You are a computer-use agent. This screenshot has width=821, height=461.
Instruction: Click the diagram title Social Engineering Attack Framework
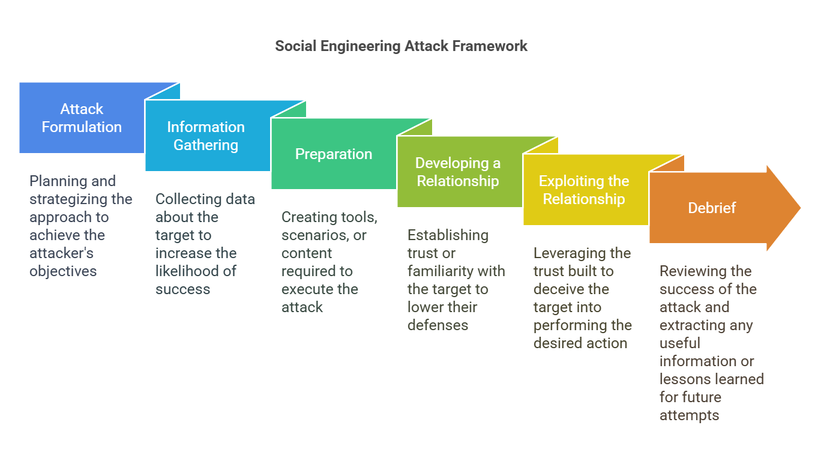pos(401,46)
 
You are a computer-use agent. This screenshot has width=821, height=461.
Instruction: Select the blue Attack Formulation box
pos(82,118)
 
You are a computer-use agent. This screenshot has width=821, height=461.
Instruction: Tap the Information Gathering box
pos(206,136)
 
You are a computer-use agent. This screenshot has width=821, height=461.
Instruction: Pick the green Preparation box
pos(334,154)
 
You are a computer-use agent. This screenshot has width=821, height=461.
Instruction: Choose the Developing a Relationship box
pos(458,172)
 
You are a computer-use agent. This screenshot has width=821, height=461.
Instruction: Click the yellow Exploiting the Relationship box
pos(584,190)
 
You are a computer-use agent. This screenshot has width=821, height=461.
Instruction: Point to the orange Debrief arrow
pos(712,208)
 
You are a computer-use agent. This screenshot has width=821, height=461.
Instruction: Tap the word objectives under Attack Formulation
pos(63,271)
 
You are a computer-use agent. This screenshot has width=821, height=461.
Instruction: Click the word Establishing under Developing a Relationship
pos(448,235)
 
